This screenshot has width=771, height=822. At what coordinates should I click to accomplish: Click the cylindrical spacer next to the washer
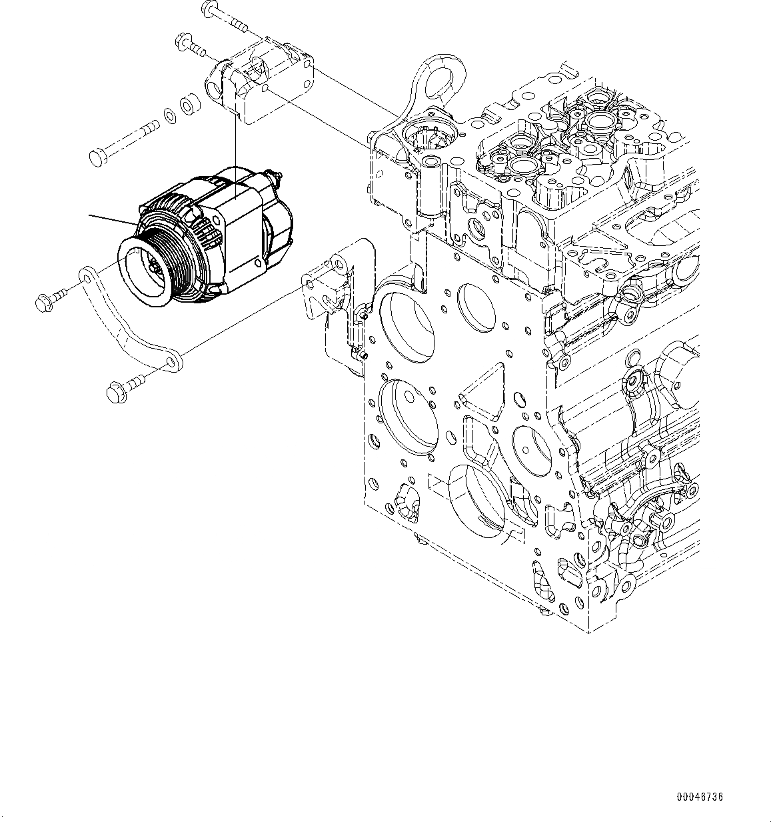(188, 105)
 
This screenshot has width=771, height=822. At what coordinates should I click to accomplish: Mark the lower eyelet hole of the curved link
(171, 362)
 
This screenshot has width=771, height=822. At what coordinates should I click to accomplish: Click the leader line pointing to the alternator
(113, 221)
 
